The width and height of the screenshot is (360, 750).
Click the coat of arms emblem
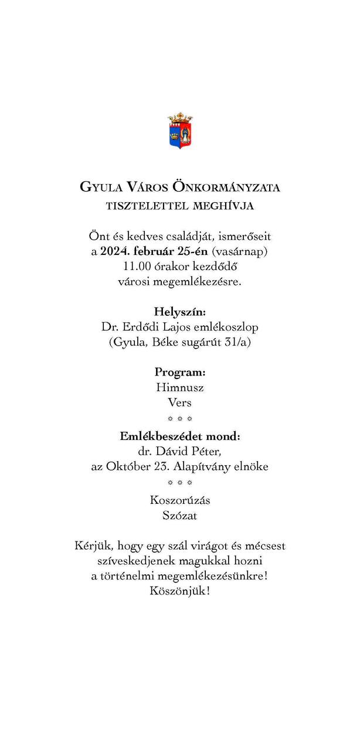(x=180, y=131)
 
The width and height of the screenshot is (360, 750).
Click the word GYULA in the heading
(x=101, y=187)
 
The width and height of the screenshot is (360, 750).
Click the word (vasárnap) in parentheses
(x=239, y=252)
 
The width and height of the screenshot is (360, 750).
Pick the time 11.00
(x=133, y=267)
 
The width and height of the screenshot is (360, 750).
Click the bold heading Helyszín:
(x=180, y=311)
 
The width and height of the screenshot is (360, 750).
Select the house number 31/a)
(x=236, y=342)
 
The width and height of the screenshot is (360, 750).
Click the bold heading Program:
(x=180, y=372)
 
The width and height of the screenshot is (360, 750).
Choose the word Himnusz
(x=180, y=387)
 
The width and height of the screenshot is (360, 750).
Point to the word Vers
(x=180, y=403)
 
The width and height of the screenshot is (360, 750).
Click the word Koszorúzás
(x=180, y=501)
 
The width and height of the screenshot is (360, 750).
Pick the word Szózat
(x=180, y=516)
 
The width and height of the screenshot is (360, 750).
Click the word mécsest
(x=266, y=546)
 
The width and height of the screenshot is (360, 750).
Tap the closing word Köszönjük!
(x=180, y=591)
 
